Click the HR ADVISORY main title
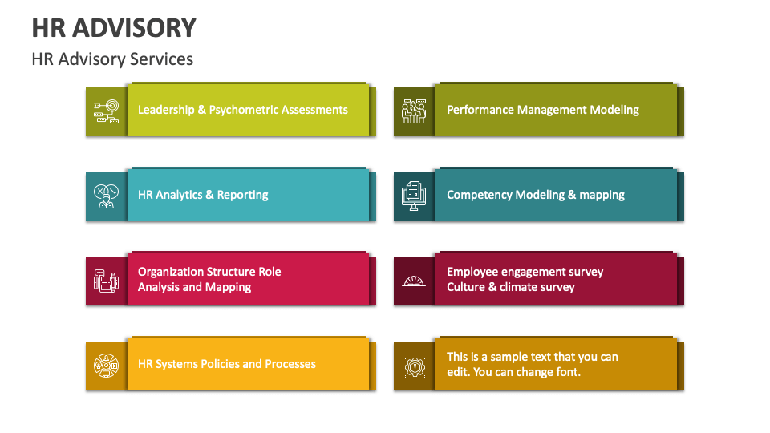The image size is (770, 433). [x=114, y=28]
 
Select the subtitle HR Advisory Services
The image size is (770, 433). [x=112, y=59]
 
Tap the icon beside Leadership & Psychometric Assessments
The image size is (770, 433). [x=106, y=111]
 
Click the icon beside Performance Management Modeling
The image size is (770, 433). [x=414, y=111]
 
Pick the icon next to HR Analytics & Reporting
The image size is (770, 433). [x=106, y=196]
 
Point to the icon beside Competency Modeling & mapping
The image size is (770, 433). [x=414, y=196]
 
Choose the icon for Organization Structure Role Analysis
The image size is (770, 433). [x=106, y=280]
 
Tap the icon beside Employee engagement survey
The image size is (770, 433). [x=414, y=281]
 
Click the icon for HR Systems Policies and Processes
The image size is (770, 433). [x=106, y=365]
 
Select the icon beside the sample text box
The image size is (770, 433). [x=414, y=365]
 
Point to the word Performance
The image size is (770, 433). [x=480, y=110]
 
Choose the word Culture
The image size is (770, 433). [x=466, y=287]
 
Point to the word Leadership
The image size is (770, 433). [x=166, y=110]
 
